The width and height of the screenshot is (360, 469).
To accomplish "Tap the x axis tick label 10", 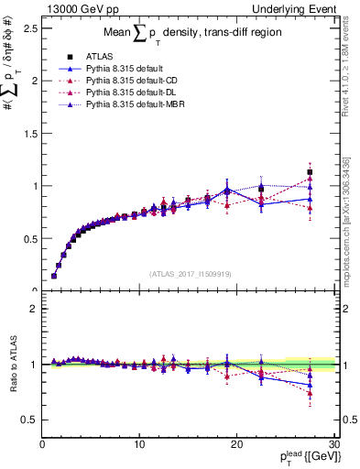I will (138, 445).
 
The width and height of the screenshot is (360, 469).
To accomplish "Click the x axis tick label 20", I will (236, 445).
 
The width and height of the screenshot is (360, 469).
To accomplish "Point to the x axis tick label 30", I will (333, 445).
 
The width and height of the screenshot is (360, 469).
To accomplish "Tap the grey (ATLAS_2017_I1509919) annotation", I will (190, 272).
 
